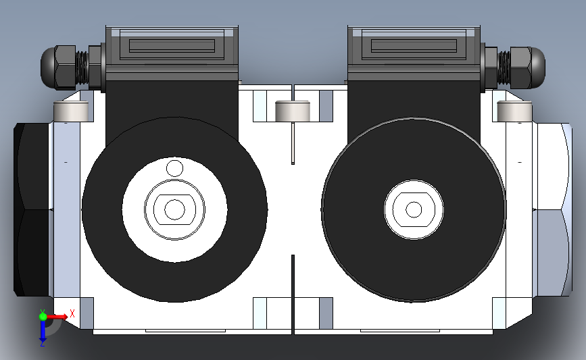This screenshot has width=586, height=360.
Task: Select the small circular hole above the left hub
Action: pos(174,168)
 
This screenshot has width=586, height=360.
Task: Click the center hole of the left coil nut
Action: pos(174,209)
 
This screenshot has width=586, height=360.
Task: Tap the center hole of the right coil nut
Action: pos(414,209)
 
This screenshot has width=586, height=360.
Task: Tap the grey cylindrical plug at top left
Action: pos(71,111)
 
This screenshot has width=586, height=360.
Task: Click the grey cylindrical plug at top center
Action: pos(293,111)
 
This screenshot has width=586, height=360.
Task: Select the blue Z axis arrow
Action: pos(43,330)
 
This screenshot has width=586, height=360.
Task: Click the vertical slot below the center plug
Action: pos(293,142)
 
